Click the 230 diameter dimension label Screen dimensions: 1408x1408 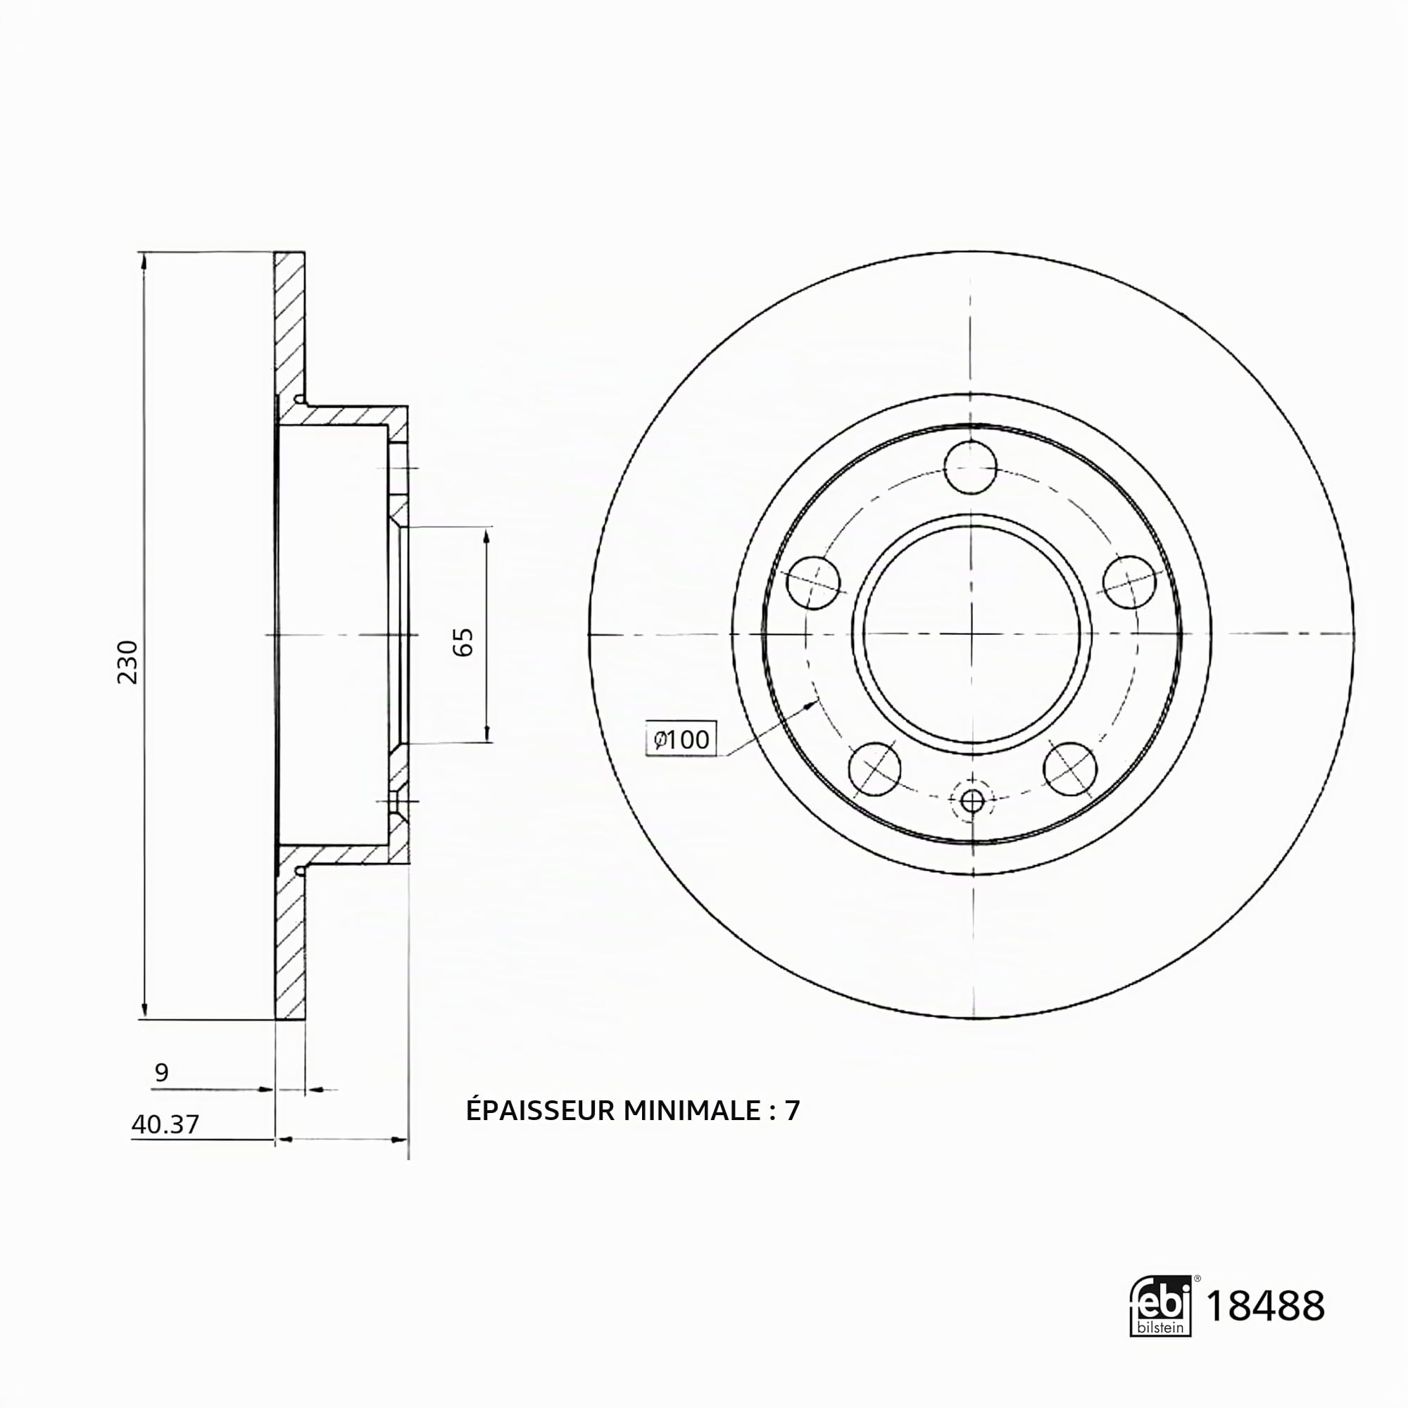point(127,662)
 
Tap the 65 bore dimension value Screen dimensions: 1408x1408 point(463,642)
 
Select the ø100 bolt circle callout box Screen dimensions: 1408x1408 point(681,739)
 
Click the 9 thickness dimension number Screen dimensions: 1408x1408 point(162,1071)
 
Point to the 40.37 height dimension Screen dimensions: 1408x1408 point(165,1124)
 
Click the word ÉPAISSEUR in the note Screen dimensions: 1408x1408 point(541,1110)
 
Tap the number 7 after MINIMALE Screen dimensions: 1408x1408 point(792,1110)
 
